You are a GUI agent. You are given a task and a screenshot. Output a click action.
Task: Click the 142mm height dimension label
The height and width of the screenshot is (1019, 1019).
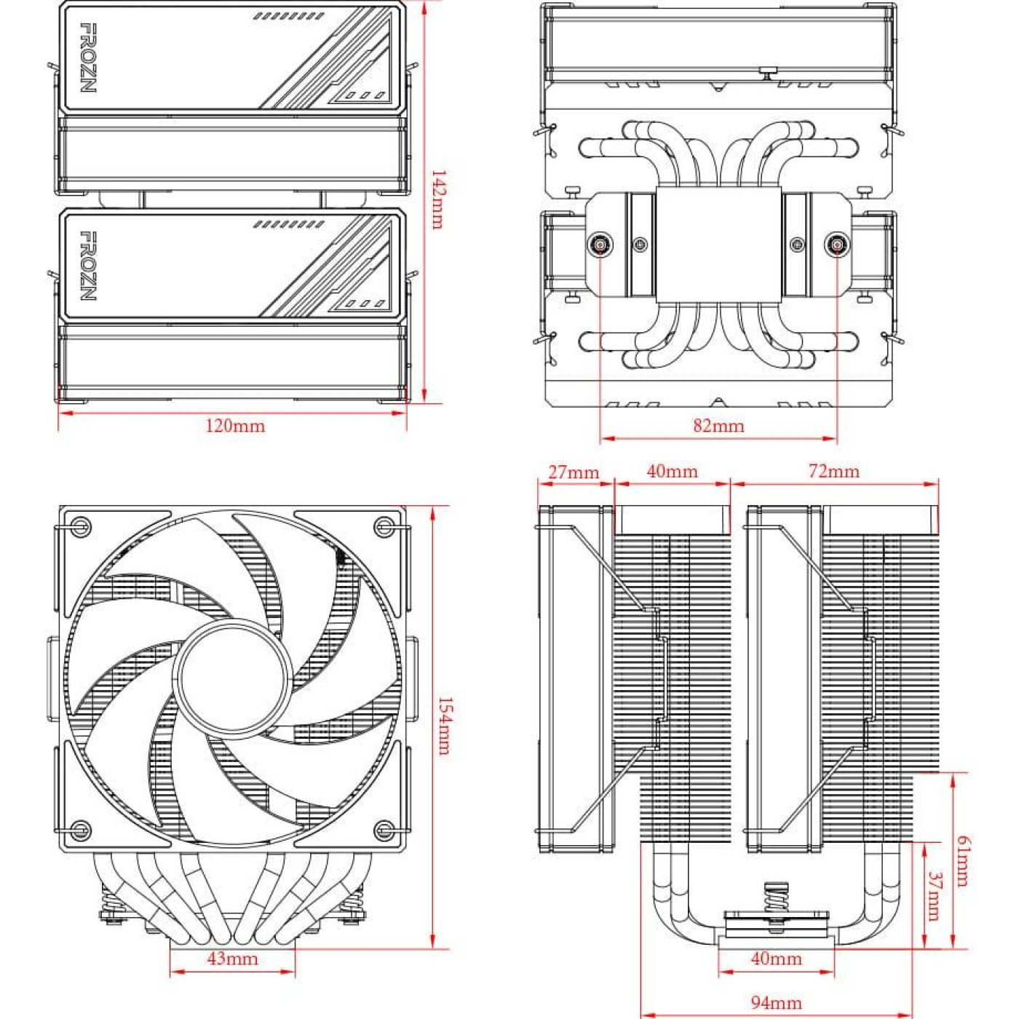click(x=437, y=199)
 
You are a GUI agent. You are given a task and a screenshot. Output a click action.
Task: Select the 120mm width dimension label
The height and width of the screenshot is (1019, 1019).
click(x=234, y=426)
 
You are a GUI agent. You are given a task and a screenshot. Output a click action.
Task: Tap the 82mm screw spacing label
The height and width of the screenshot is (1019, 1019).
click(x=718, y=426)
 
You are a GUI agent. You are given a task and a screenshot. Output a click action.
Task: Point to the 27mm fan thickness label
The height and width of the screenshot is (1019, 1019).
click(x=574, y=472)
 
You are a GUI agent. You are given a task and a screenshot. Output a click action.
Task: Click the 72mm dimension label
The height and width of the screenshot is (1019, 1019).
click(x=833, y=472)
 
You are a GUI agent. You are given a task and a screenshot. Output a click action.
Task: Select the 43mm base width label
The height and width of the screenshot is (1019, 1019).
click(x=232, y=959)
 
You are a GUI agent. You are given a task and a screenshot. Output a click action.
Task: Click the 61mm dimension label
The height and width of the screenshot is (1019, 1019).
click(x=962, y=861)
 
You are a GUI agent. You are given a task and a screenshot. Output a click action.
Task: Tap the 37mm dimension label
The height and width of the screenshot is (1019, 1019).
click(x=935, y=896)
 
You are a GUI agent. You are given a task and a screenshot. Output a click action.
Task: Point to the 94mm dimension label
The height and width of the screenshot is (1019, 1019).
click(x=776, y=1003)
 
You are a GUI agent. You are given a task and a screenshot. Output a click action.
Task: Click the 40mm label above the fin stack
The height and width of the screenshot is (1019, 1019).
click(x=672, y=472)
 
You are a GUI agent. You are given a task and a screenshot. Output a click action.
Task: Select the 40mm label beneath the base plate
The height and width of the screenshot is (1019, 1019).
click(x=776, y=959)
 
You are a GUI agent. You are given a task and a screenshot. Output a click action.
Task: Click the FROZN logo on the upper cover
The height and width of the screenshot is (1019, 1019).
click(x=87, y=58)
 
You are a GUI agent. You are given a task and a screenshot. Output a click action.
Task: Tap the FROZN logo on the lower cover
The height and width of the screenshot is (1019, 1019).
click(x=87, y=266)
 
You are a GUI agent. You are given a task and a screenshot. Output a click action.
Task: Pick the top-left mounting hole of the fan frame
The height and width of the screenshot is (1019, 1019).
click(x=81, y=526)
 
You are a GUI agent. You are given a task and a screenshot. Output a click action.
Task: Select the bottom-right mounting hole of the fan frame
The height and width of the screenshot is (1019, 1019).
click(x=384, y=829)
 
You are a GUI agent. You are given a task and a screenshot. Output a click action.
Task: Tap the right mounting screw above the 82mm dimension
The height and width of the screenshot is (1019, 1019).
click(x=836, y=245)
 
